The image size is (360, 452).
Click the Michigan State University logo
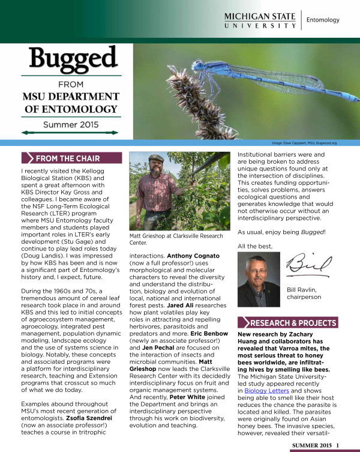tap(260, 19)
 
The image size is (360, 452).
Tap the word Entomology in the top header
tap(322, 20)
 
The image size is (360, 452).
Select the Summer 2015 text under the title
tap(71, 125)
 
